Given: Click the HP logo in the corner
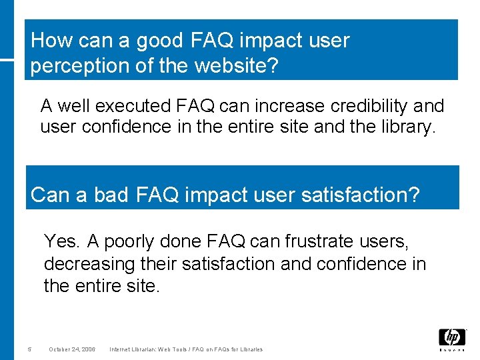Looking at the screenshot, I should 452,339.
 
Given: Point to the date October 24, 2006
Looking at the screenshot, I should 72,349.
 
